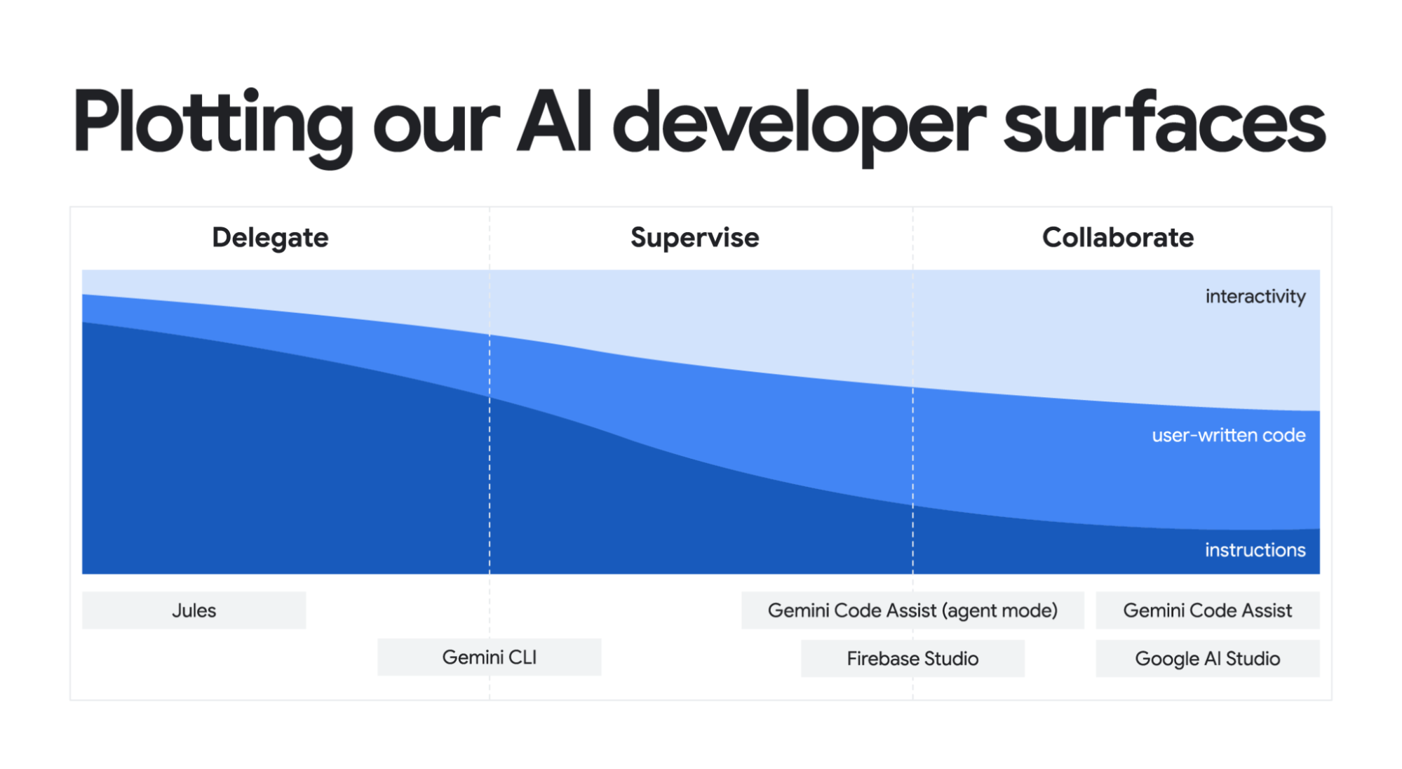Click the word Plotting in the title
point(213,126)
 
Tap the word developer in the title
point(799,126)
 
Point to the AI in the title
point(555,121)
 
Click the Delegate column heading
point(270,238)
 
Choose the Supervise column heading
point(694,238)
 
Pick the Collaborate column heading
point(1118,237)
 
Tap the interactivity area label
point(1255,296)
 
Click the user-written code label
point(1229,435)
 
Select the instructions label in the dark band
point(1255,549)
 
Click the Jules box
point(194,610)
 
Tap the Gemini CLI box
point(490,657)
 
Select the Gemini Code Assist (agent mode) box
point(912,610)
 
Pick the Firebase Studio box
point(912,658)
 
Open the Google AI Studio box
point(1208,658)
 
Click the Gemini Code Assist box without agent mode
point(1208,610)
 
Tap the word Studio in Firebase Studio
point(951,658)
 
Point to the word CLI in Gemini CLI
point(523,657)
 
